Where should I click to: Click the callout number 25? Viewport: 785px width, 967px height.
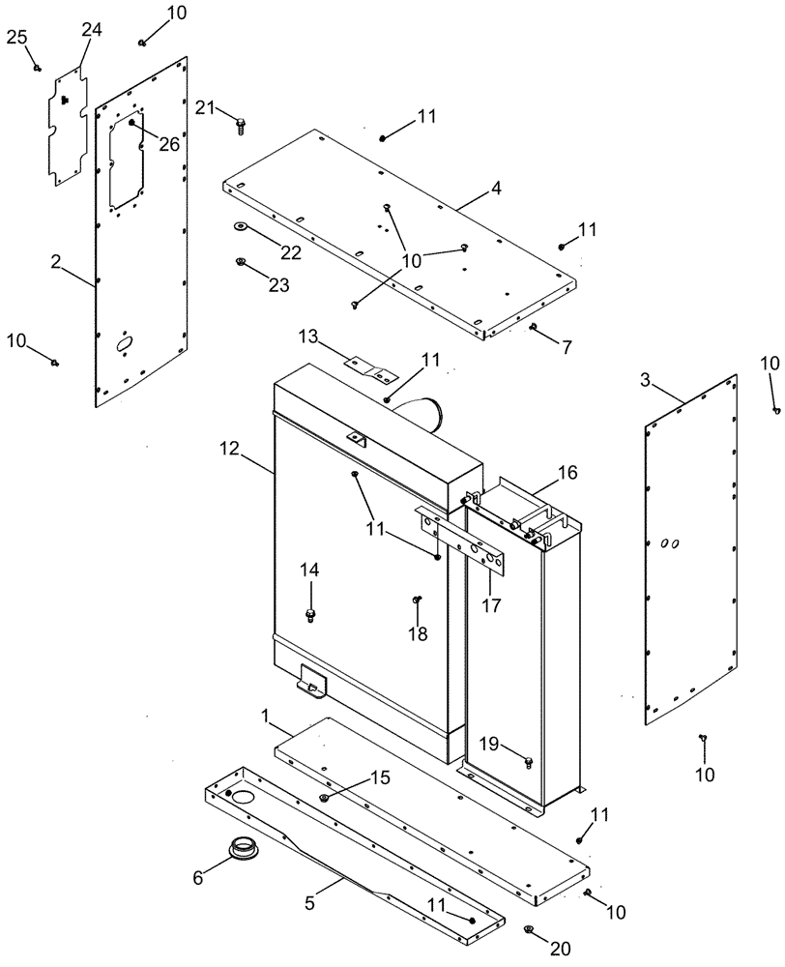point(16,37)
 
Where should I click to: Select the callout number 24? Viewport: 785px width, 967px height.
point(91,30)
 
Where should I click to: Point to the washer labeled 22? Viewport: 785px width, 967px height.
point(238,228)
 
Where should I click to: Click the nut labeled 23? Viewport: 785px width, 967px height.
point(239,261)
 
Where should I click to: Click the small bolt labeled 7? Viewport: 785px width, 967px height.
point(533,328)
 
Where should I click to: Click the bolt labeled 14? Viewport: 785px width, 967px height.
point(310,614)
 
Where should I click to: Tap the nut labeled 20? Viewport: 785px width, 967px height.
point(530,930)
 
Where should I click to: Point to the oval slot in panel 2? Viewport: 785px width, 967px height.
point(125,343)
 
